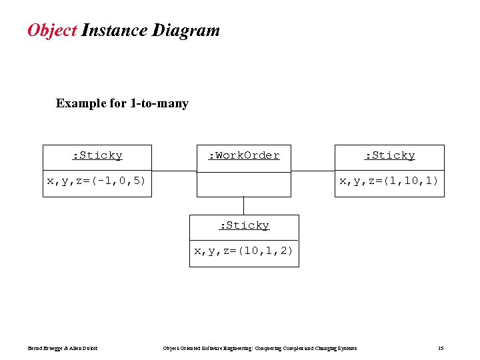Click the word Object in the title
[x=52, y=31]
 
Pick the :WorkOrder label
[x=243, y=156]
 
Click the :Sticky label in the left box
[x=97, y=156]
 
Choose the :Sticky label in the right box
[x=389, y=156]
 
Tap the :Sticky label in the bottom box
[x=244, y=226]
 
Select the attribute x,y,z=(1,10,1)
[x=389, y=181]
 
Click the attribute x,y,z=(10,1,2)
[x=243, y=251]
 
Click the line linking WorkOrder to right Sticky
[x=313, y=171]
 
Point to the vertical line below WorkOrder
[x=244, y=206]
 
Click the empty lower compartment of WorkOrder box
[x=244, y=184]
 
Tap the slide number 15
[x=441, y=349]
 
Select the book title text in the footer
[x=260, y=349]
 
